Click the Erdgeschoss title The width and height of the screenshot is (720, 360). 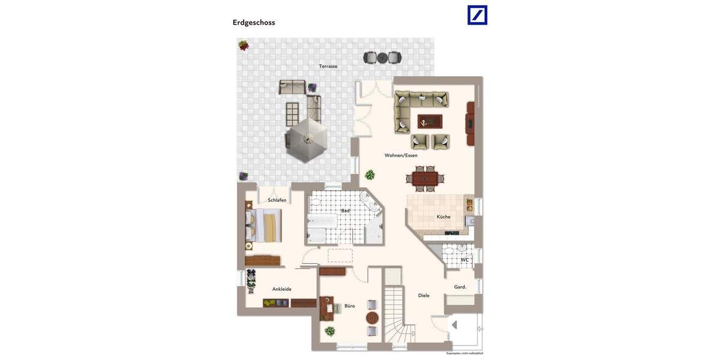[x=254, y=23]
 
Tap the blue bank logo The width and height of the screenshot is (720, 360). [x=478, y=15]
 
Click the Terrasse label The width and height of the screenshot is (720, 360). [x=328, y=66]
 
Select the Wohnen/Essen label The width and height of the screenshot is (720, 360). [x=401, y=155]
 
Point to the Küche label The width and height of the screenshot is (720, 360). [x=443, y=217]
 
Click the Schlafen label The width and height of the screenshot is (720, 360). [x=277, y=200]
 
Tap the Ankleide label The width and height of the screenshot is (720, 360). [x=282, y=289]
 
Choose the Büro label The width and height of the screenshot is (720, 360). [x=349, y=305]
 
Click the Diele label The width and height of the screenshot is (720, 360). [x=424, y=295]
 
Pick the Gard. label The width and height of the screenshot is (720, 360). [x=460, y=287]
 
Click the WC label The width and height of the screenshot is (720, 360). [x=464, y=260]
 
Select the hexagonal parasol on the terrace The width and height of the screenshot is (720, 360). [x=307, y=140]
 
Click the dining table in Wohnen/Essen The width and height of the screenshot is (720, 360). [x=425, y=178]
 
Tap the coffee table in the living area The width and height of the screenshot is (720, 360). [x=430, y=122]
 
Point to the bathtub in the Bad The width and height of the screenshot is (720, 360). [x=322, y=222]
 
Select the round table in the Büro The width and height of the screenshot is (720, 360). [x=372, y=317]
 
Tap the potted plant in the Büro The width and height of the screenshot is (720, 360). [x=330, y=331]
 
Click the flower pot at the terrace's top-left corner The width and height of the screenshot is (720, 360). [x=244, y=45]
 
